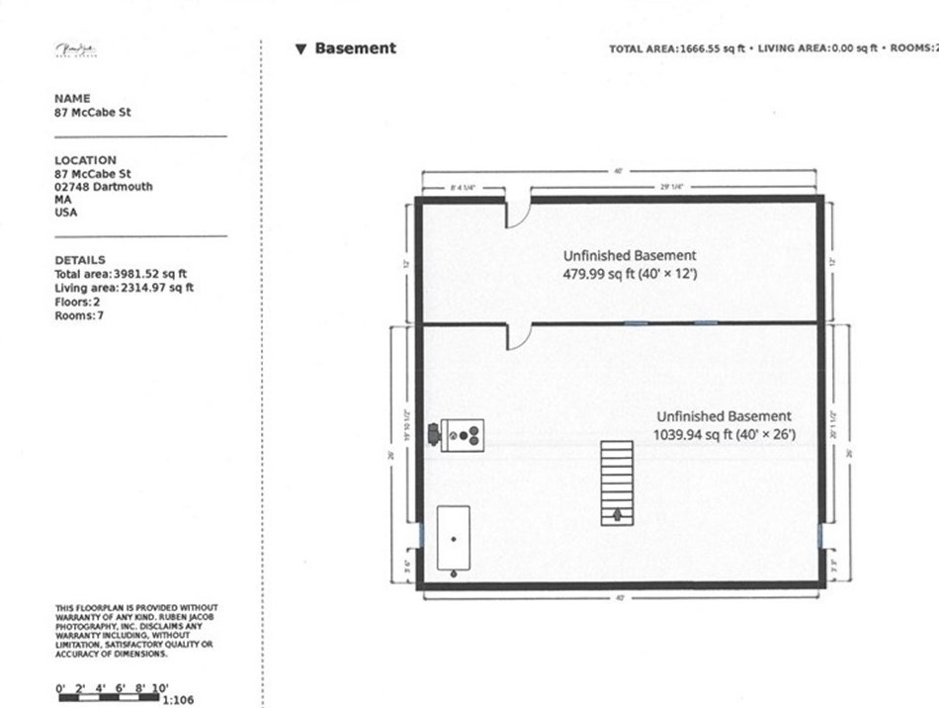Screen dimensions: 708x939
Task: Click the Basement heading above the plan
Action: click(355, 48)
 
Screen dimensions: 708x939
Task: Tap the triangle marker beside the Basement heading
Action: click(300, 48)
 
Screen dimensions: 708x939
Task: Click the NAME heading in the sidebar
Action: click(72, 99)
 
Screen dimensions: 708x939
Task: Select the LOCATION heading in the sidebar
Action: click(85, 160)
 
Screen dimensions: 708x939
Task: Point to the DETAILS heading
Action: click(80, 260)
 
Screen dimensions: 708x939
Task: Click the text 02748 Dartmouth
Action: click(104, 186)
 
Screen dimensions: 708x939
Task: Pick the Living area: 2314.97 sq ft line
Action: click(124, 288)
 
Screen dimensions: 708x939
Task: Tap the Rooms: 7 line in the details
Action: click(79, 315)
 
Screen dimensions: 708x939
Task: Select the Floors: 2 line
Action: click(77, 302)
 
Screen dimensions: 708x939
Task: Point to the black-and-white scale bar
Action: click(109, 698)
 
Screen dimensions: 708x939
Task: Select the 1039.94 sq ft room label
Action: click(724, 433)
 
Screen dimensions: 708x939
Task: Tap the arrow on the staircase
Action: click(618, 514)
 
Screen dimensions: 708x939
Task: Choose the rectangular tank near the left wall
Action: click(454, 538)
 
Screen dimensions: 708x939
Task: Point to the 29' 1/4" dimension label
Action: click(671, 186)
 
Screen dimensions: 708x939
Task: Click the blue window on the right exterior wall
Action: click(822, 534)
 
